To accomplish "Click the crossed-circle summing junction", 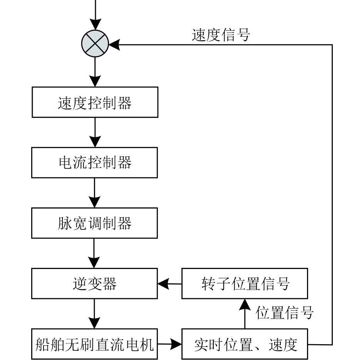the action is tap(95, 44).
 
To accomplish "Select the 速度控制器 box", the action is tap(95, 102).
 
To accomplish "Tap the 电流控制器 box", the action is tap(94, 163).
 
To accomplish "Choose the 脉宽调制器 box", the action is tap(94, 223).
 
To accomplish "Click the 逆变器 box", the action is tap(94, 283).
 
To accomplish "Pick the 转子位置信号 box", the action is tap(245, 283).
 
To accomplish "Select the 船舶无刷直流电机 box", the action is tap(94, 344).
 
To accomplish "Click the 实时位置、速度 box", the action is tap(245, 344).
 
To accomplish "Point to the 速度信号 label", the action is tap(221, 35).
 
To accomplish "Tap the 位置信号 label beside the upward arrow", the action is tap(285, 313).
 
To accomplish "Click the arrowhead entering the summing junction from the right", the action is tap(114, 45).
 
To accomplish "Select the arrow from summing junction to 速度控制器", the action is tap(95, 72).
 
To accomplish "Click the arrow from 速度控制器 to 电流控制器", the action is tap(95, 132).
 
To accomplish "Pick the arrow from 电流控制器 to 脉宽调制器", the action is tap(94, 193).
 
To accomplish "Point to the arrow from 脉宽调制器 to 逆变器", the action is tap(94, 253).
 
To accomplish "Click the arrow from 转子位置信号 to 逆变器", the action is tap(170, 284).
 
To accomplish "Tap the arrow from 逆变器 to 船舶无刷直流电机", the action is tap(94, 314).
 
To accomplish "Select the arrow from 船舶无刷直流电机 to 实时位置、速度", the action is tap(170, 344).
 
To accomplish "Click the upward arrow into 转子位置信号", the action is tap(245, 314).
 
